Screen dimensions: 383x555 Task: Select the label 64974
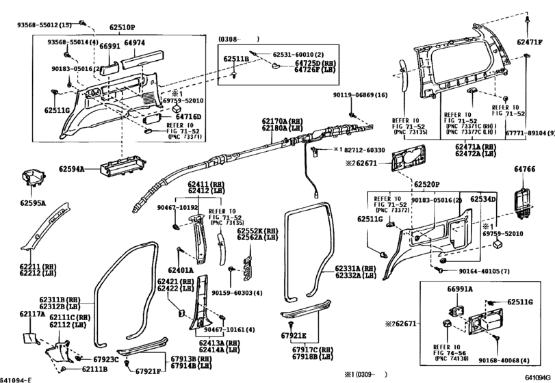pos(134,42)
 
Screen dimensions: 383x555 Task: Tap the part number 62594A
pos(71,168)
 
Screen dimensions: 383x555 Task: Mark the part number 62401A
pos(179,270)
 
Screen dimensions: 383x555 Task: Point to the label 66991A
pos(461,289)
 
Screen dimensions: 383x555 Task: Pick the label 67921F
pos(148,371)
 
